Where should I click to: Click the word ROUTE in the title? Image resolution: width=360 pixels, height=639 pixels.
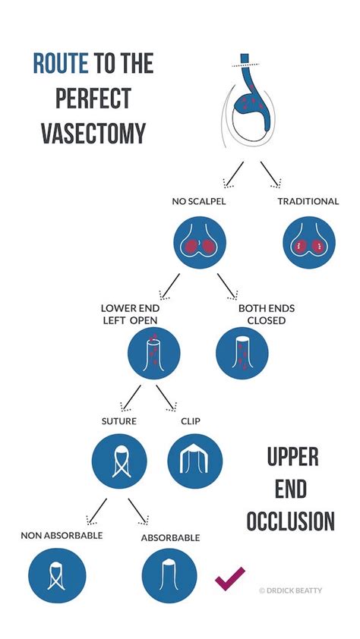62,64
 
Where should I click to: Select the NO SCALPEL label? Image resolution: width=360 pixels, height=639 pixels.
200,201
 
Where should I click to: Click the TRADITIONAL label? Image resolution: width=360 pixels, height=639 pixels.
308,201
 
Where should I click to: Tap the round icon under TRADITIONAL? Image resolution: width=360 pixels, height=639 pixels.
308,247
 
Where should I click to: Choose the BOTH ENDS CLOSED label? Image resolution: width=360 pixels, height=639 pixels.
267,314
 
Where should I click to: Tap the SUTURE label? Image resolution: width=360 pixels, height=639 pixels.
119,420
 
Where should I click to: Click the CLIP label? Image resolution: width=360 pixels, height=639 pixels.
191,420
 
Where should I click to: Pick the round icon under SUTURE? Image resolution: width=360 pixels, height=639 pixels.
118,461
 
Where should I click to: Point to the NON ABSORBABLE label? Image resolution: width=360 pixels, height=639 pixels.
62,535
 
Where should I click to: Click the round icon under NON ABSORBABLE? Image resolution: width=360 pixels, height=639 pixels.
58,575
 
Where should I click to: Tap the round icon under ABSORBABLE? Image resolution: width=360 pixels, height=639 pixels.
169,575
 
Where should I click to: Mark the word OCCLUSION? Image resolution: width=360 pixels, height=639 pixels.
290,521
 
